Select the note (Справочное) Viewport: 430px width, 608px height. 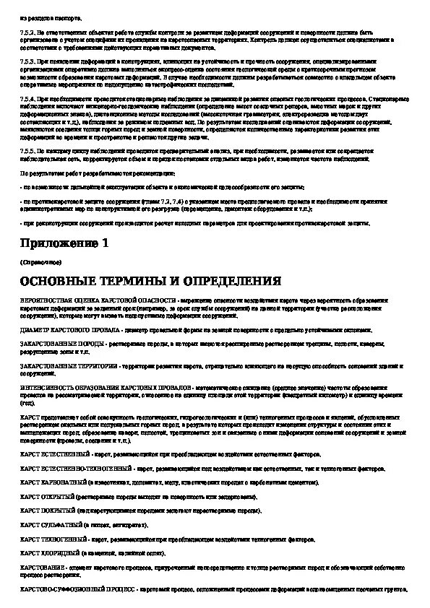[36, 261]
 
